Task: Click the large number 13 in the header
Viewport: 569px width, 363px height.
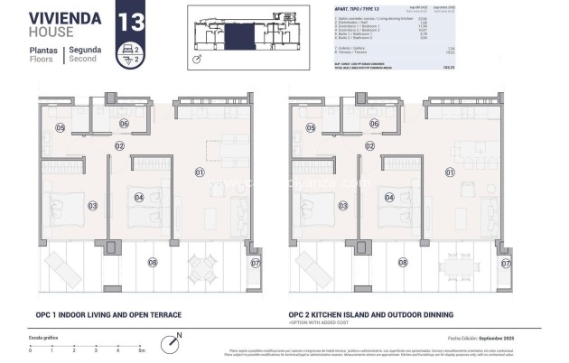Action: (130, 21)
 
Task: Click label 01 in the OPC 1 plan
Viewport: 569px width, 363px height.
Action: (199, 170)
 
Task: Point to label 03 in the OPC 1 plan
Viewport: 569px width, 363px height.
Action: (92, 205)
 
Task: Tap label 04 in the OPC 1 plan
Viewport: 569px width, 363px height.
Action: (138, 197)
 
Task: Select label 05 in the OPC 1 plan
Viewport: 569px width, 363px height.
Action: (61, 128)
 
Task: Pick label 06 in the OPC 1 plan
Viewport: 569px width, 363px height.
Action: (123, 124)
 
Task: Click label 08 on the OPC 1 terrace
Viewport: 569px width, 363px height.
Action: (152, 263)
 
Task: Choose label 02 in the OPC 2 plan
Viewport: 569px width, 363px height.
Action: (368, 145)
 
